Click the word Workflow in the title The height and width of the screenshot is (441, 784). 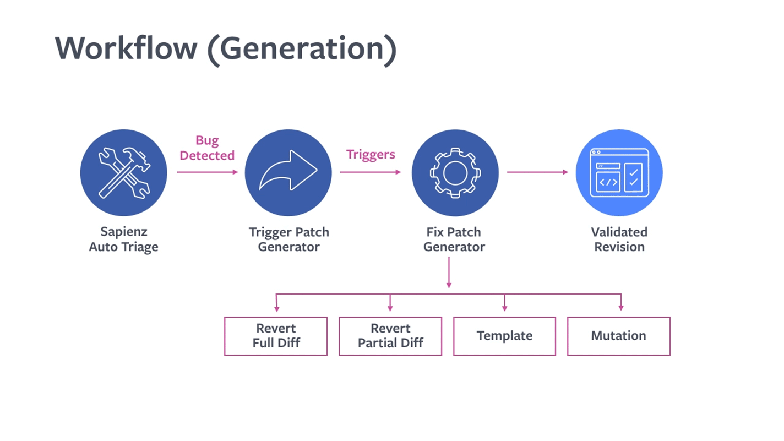(126, 48)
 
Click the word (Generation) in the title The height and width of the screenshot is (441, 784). (301, 48)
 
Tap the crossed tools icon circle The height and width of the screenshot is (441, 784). (124, 172)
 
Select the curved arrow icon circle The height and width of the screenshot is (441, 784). (288, 172)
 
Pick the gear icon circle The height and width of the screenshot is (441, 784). (455, 172)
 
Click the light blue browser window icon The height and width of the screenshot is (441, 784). (619, 172)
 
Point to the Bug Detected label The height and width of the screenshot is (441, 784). (207, 148)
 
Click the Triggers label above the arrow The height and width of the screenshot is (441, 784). (371, 154)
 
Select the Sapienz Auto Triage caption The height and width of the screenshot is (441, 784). (124, 239)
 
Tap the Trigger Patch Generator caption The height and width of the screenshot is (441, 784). (288, 239)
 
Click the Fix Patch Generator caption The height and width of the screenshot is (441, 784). (454, 239)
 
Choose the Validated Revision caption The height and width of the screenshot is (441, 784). (619, 239)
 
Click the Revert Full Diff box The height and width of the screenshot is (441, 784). (276, 336)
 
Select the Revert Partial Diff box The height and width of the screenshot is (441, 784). (390, 336)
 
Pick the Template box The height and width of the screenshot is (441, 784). (504, 336)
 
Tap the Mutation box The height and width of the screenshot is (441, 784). (619, 336)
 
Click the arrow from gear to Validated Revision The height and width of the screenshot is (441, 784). (537, 172)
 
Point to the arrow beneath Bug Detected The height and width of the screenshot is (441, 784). (207, 172)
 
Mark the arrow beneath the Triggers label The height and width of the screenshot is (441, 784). (370, 172)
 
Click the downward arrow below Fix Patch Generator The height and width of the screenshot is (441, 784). (449, 273)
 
